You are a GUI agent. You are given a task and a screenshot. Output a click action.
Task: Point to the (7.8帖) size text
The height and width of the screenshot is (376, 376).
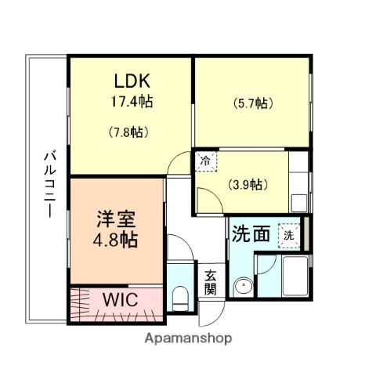click(x=128, y=132)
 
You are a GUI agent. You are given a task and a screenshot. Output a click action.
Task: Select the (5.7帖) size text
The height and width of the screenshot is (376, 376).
click(x=251, y=103)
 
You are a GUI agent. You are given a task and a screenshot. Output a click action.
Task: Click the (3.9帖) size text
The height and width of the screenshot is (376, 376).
click(x=248, y=185)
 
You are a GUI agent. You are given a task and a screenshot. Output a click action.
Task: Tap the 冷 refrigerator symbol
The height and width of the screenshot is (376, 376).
click(x=206, y=161)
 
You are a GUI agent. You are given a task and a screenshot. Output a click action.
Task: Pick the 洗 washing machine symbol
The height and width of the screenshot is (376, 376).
click(x=290, y=234)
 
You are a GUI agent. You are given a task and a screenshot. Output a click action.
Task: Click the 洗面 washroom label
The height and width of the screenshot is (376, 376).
click(x=251, y=233)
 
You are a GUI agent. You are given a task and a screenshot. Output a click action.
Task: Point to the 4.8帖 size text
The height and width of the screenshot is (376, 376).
click(x=116, y=240)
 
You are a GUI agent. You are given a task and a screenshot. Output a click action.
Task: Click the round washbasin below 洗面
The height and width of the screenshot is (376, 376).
click(x=244, y=287)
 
